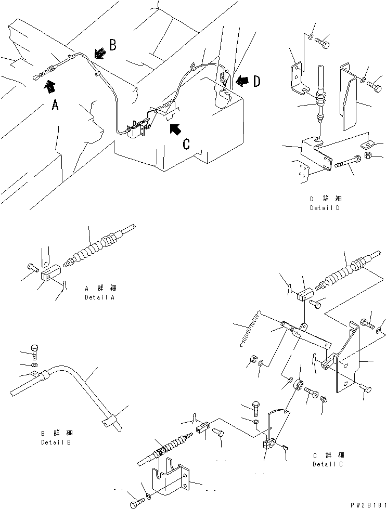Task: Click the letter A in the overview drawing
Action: coord(55,106)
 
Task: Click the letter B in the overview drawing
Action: coord(112,45)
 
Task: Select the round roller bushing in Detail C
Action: coord(299,385)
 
